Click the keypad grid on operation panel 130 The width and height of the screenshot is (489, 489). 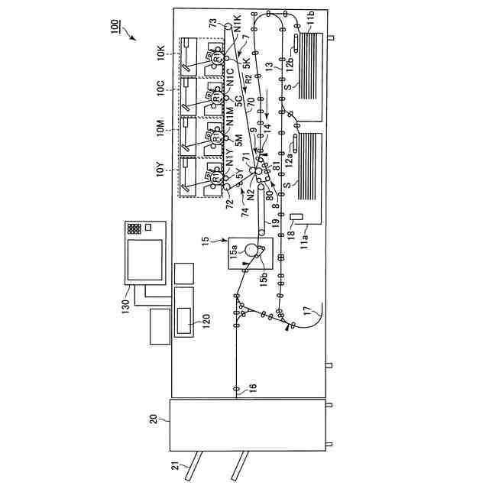[x=135, y=228]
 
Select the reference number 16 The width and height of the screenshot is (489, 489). [x=252, y=387]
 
